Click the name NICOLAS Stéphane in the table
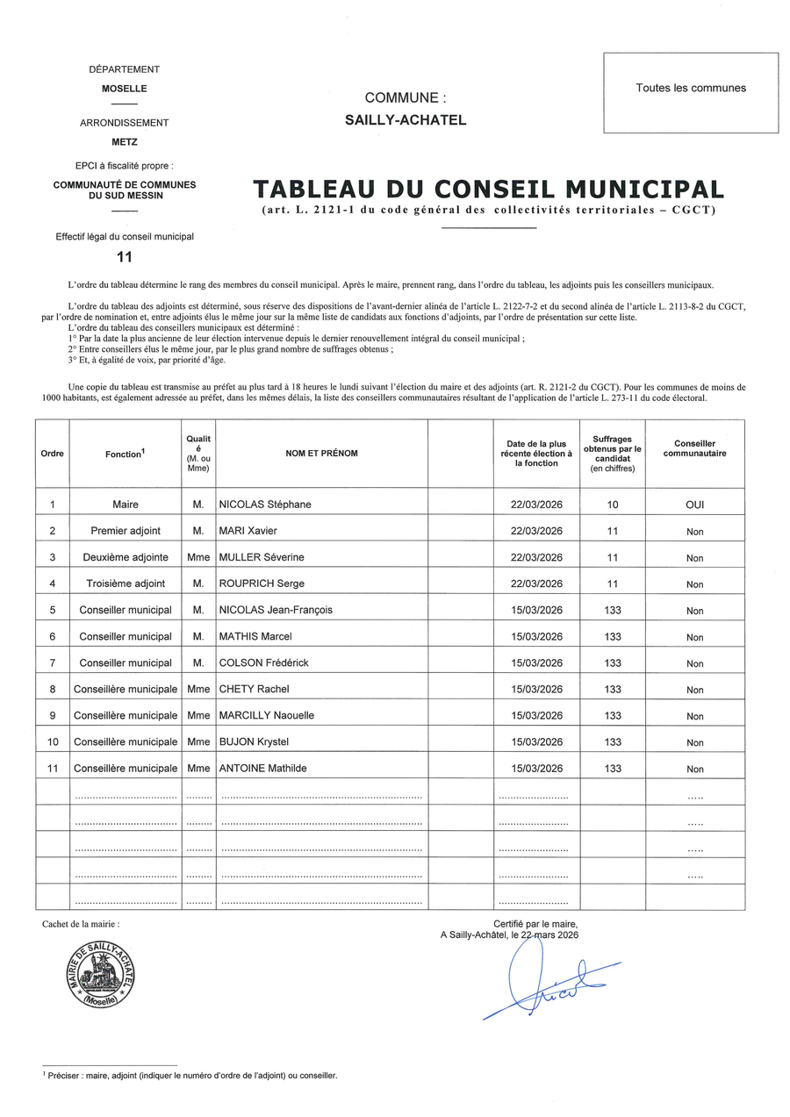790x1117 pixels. point(265,505)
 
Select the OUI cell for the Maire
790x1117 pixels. point(694,505)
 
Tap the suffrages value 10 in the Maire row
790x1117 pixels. point(612,505)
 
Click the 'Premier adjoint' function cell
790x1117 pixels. point(126,531)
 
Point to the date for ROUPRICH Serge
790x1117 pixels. point(536,584)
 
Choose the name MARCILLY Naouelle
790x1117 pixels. point(266,715)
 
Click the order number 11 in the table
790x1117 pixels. point(53,768)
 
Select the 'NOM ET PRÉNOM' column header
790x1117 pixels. point(321,454)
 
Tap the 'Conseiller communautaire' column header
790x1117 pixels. point(694,448)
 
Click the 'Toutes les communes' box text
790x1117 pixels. point(691,88)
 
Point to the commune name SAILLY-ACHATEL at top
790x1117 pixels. point(406,120)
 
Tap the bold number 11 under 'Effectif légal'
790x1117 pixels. point(125,257)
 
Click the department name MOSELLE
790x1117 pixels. point(125,89)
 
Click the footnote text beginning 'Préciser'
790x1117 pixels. point(192,1075)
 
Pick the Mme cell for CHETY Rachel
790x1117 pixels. point(198,689)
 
